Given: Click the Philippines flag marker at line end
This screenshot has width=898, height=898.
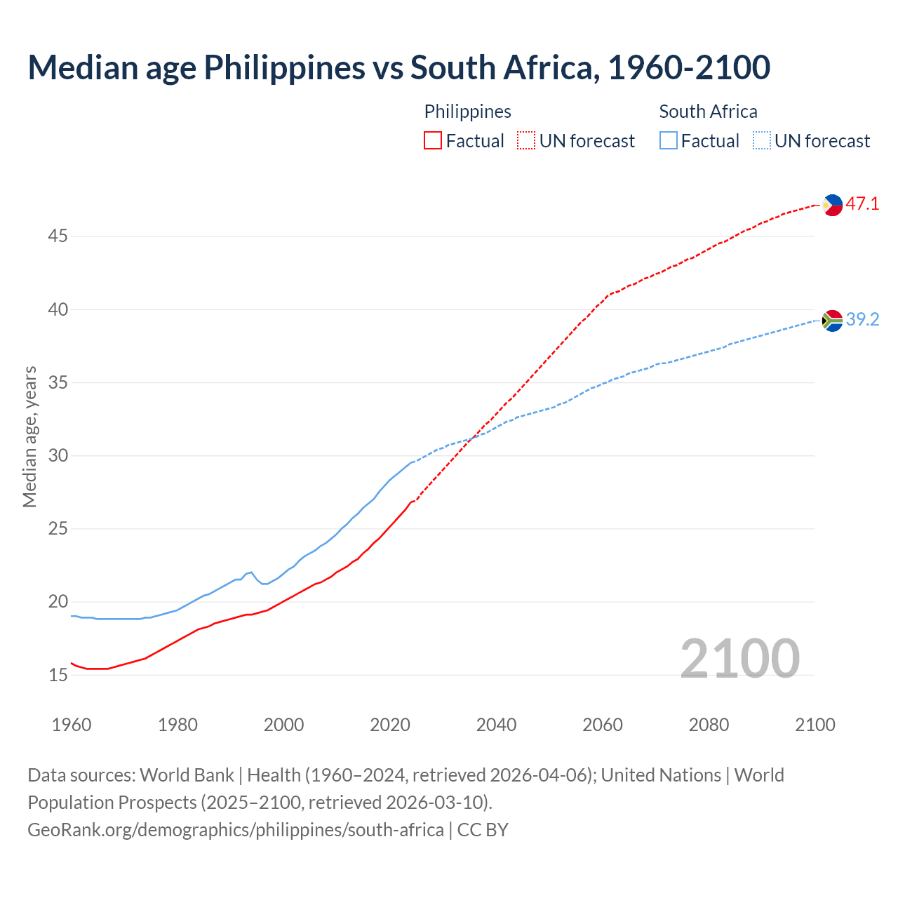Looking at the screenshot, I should (832, 205).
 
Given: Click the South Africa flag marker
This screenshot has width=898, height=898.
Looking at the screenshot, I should (832, 321).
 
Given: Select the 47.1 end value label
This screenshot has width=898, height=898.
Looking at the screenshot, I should (862, 204).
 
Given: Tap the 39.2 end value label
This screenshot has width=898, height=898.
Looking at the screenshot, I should (862, 320).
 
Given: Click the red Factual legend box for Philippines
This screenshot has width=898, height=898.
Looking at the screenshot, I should (433, 141).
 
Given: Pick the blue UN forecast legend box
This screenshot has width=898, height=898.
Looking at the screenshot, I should (762, 141).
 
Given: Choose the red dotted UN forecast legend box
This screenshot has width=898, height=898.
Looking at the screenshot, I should (526, 141).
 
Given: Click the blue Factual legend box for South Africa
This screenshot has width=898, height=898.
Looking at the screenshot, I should (669, 141).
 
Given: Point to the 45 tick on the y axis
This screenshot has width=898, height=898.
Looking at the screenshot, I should (58, 236).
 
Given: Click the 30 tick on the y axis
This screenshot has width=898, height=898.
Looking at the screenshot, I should (58, 456).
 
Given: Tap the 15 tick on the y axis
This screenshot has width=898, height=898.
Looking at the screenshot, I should (58, 676).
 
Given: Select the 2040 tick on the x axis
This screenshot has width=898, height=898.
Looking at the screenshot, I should (496, 725).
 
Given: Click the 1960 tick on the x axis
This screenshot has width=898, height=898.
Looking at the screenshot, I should (72, 725).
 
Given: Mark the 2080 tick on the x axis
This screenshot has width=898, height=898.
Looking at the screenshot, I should (709, 725).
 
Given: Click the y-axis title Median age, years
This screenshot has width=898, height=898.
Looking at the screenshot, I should (29, 436).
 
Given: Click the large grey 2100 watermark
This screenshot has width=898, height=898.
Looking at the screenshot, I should (739, 658).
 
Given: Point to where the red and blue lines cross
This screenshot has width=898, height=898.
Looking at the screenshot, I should (472, 438).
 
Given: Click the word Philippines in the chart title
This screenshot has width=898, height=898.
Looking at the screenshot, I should (284, 67).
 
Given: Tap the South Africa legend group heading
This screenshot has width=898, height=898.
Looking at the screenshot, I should (708, 112).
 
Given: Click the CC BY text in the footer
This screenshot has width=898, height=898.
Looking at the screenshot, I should (483, 830).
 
